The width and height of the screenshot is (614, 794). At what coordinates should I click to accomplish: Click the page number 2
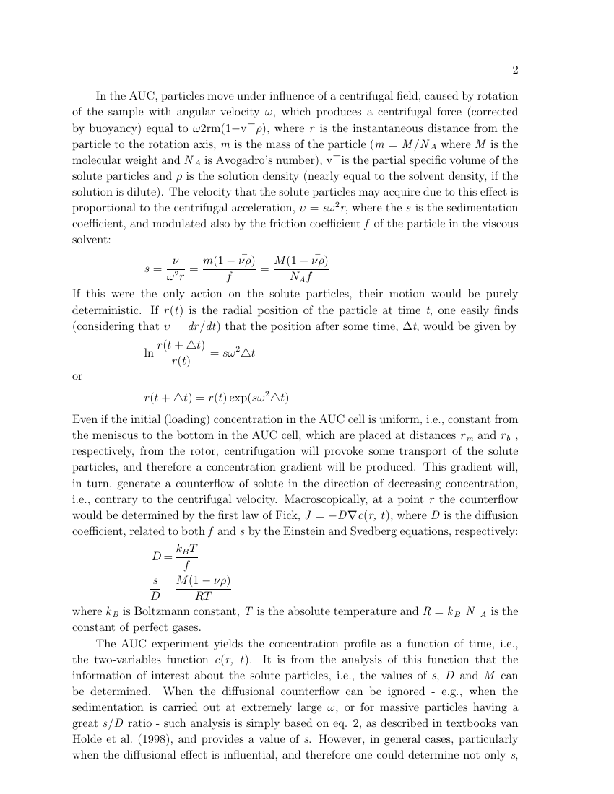pos(515,70)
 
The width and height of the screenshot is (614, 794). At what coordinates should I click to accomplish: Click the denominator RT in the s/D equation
pos(204,595)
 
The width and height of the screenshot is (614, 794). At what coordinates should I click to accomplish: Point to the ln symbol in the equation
pos(149,354)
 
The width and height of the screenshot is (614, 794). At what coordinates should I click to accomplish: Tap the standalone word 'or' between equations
pos(78,376)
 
